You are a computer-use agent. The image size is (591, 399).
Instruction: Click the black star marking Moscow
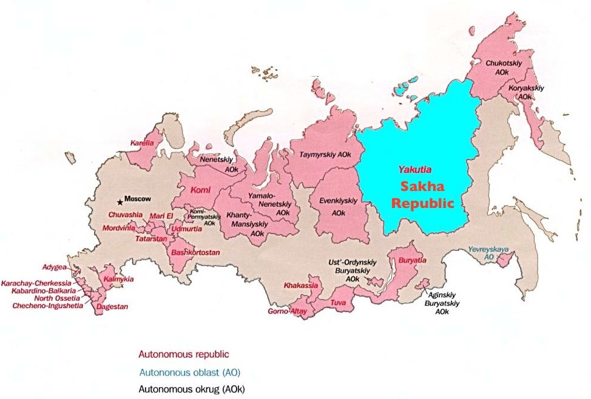pyautogui.click(x=120, y=201)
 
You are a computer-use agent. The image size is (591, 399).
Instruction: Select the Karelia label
pyautogui.click(x=142, y=143)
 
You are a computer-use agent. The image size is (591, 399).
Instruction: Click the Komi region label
pyautogui.click(x=201, y=190)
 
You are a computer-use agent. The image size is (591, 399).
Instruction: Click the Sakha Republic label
pyautogui.click(x=422, y=195)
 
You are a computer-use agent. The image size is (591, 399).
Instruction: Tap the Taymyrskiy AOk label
pyautogui.click(x=325, y=155)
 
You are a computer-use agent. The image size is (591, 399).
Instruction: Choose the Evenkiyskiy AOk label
pyautogui.click(x=338, y=206)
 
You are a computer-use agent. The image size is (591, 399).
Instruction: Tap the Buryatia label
pyautogui.click(x=412, y=260)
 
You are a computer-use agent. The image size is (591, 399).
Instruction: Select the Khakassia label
pyautogui.click(x=300, y=286)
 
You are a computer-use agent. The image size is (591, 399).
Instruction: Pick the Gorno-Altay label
pyautogui.click(x=288, y=311)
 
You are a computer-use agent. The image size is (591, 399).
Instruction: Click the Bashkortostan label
pyautogui.click(x=195, y=252)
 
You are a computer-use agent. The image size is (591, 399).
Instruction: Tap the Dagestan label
pyautogui.click(x=112, y=307)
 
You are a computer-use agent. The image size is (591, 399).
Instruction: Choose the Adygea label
pyautogui.click(x=55, y=267)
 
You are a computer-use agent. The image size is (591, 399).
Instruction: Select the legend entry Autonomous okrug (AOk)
pyautogui.click(x=192, y=389)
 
